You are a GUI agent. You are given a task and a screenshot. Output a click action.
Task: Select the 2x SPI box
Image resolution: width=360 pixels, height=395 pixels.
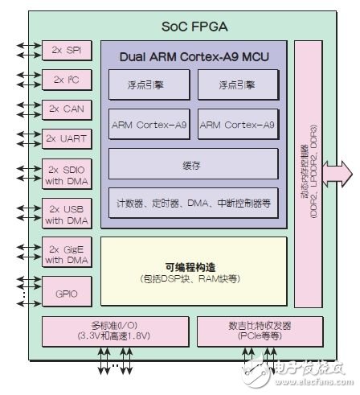[x=67, y=51]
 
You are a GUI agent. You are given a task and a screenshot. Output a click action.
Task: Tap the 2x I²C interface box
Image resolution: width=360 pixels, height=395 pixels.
[x=67, y=80]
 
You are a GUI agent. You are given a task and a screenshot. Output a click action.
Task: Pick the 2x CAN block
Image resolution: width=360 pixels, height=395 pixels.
[x=67, y=109]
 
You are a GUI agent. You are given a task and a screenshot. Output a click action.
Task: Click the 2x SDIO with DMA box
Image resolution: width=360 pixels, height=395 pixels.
[x=67, y=175]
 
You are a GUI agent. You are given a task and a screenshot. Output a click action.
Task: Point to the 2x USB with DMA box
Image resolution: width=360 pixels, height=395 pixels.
[x=67, y=215]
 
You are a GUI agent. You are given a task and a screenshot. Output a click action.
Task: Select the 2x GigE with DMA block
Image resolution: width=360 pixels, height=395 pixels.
[x=67, y=254]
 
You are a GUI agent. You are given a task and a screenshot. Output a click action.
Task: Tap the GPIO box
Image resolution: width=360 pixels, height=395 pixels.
[x=67, y=291]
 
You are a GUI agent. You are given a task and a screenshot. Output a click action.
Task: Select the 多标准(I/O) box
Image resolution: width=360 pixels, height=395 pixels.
[x=112, y=330]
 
